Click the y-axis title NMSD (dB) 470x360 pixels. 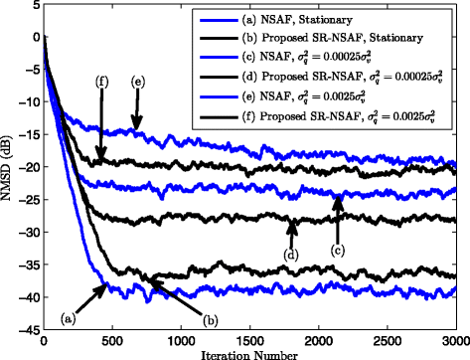[8, 168]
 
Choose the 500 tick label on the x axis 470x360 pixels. [111, 339]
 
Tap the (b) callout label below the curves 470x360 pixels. [211, 319]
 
